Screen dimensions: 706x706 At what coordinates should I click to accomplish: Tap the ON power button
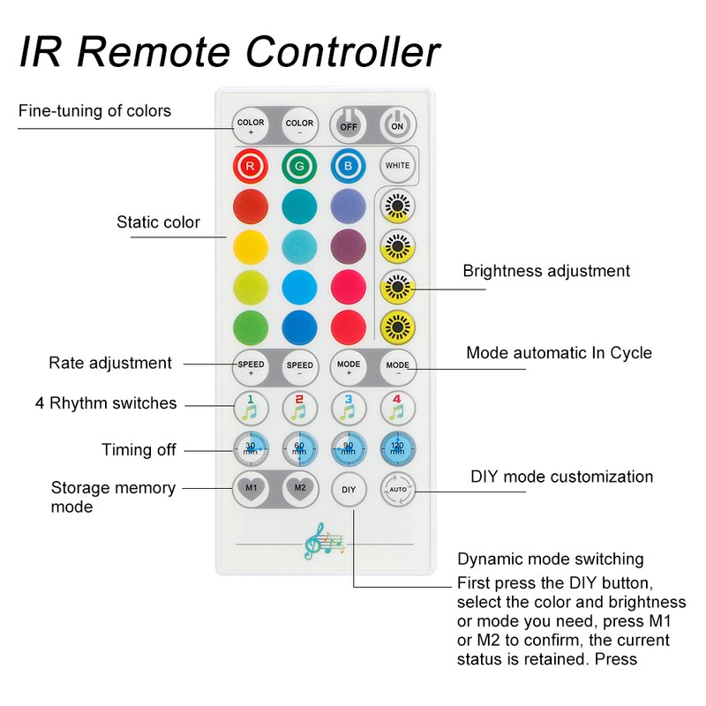(397, 126)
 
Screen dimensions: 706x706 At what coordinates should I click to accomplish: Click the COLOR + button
(251, 126)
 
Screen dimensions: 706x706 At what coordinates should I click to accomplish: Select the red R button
(251, 165)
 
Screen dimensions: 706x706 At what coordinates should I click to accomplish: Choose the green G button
(299, 165)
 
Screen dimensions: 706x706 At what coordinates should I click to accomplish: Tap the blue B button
(349, 165)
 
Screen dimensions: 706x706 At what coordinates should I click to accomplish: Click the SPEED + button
(251, 365)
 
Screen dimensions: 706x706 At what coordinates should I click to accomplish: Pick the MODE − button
(397, 365)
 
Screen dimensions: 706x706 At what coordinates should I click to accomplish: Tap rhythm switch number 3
(349, 408)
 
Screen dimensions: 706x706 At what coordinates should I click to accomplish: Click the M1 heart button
(251, 488)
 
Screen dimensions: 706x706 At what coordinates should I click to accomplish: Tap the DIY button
(349, 488)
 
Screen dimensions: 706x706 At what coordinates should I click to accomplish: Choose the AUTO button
(397, 488)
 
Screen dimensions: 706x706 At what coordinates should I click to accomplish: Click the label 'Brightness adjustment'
(546, 271)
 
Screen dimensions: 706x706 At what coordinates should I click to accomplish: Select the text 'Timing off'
(139, 450)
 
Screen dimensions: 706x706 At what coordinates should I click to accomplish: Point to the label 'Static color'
(159, 222)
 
